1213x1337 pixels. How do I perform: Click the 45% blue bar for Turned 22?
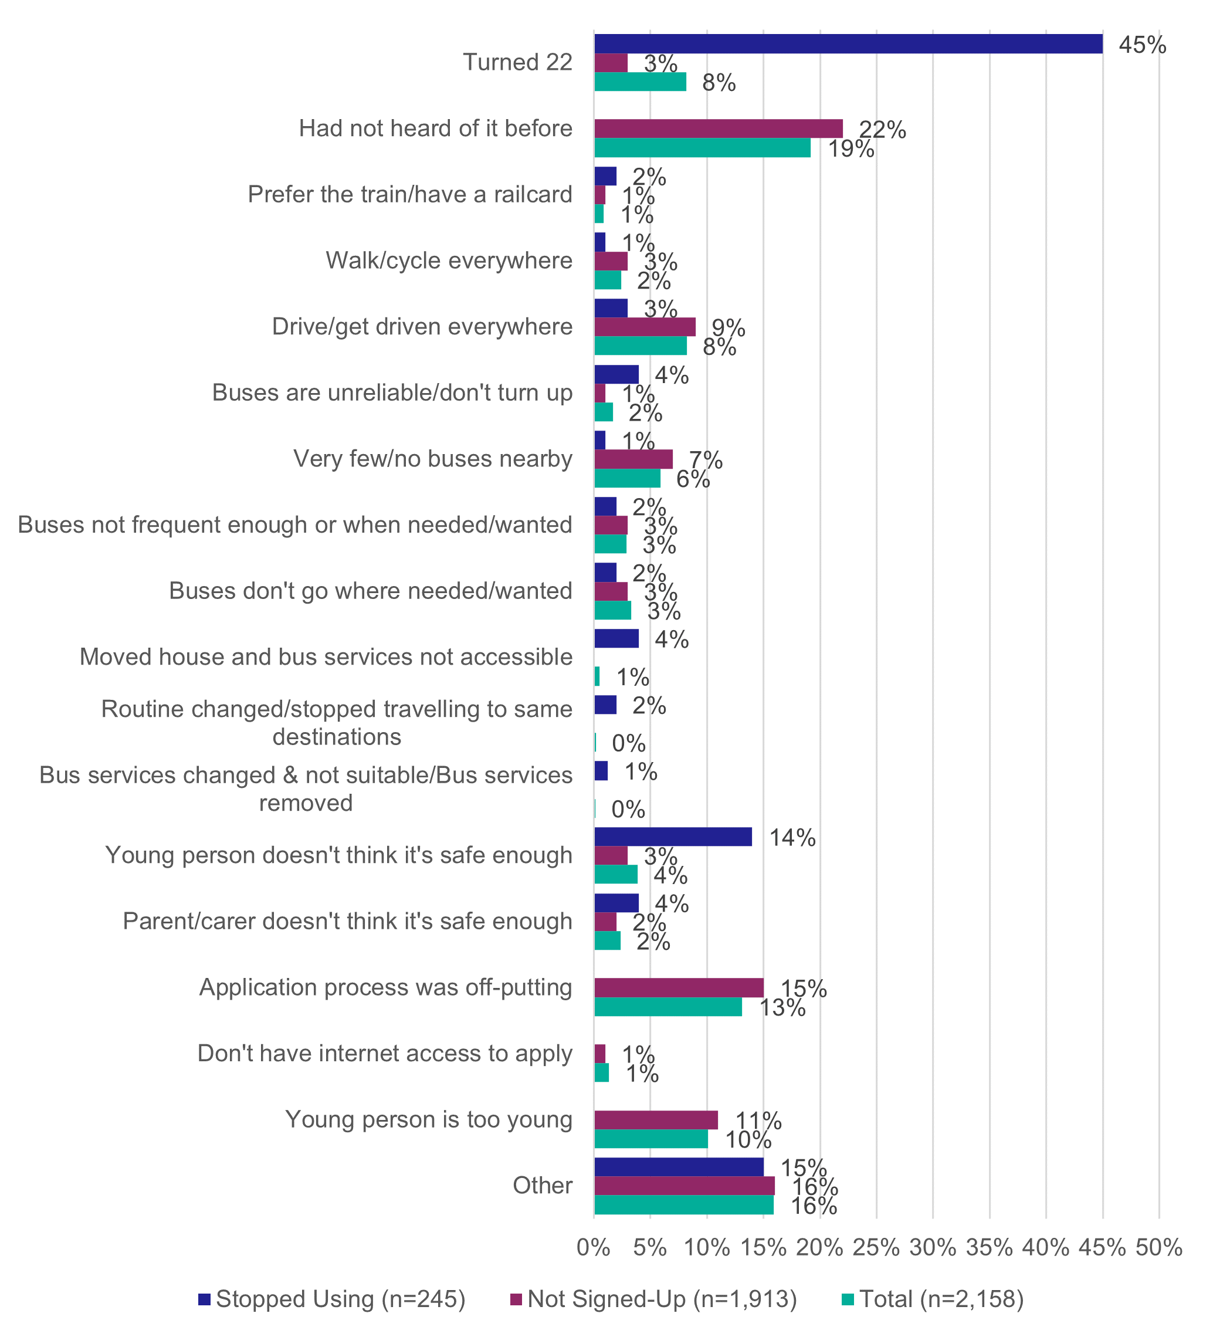[x=848, y=44]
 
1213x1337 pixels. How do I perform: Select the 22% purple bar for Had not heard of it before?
[x=719, y=128]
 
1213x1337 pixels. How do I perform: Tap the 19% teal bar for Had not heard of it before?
[x=702, y=148]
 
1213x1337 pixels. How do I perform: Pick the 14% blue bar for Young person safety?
[x=673, y=837]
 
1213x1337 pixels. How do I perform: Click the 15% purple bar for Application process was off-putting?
[x=679, y=987]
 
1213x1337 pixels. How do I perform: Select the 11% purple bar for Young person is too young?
[x=656, y=1120]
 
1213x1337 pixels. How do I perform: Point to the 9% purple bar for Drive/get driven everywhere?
[x=645, y=327]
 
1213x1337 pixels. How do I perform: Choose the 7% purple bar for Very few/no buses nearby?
[x=633, y=459]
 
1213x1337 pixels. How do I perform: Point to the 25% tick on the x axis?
[x=876, y=1247]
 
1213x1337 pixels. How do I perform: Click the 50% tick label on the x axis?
[x=1158, y=1247]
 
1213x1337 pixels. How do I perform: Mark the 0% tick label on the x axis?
[x=593, y=1247]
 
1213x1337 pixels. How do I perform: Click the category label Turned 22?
[x=517, y=62]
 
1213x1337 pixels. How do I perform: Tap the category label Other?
[x=542, y=1185]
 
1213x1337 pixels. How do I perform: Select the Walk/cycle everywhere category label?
[x=448, y=260]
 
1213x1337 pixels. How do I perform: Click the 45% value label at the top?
[x=1142, y=45]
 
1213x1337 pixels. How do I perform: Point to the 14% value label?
[x=792, y=838]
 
